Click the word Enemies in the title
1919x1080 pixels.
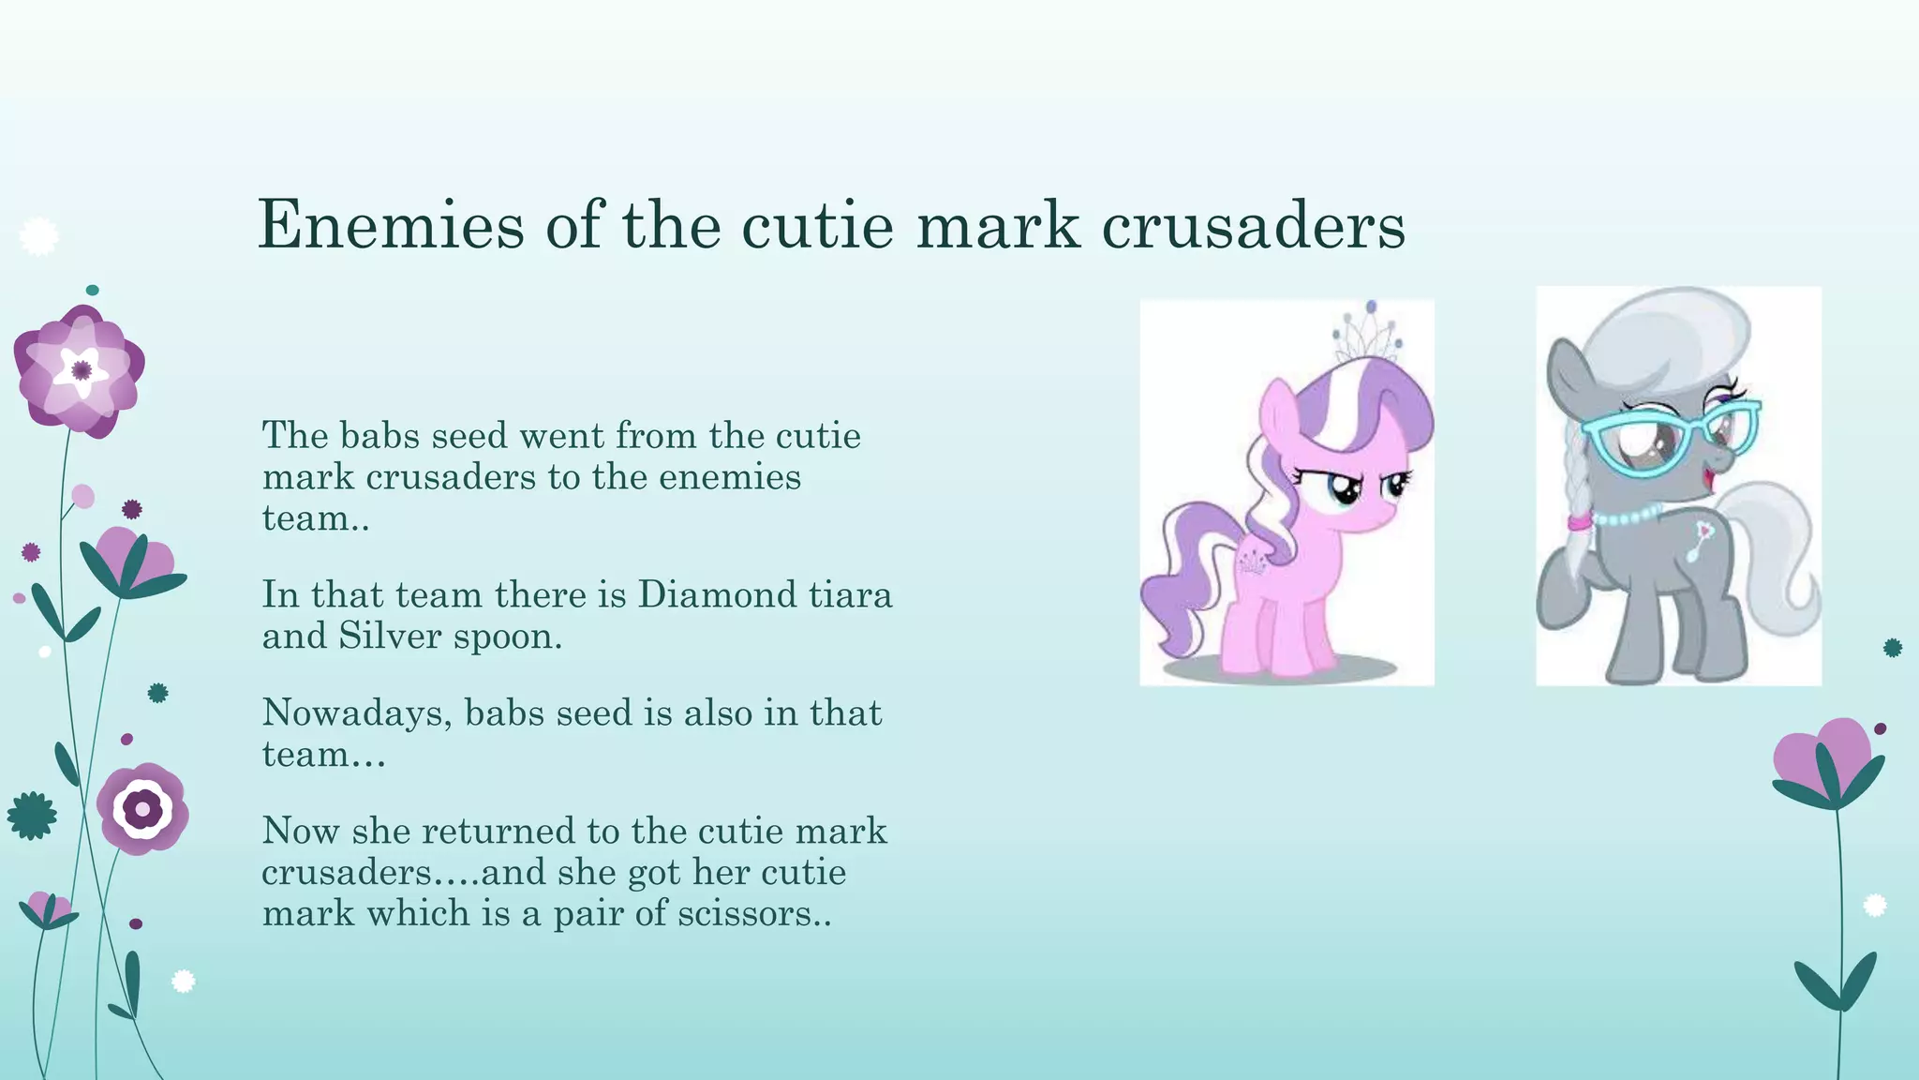coord(390,225)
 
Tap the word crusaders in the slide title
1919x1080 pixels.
coord(1253,225)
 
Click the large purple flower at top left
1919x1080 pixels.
coord(79,371)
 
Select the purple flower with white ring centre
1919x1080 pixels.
coord(142,808)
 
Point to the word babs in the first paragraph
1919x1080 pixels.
coord(377,436)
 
